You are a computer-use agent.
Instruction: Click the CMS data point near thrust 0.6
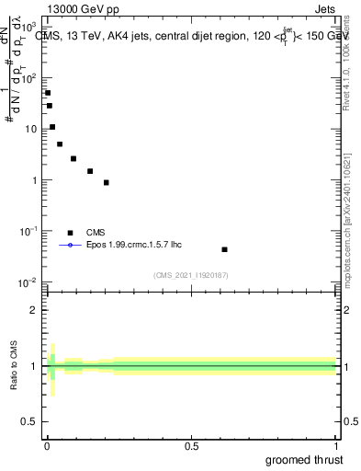pyautogui.click(x=224, y=249)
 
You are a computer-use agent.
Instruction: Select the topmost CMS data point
pyautogui.click(x=48, y=93)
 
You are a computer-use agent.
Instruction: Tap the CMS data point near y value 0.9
pyautogui.click(x=107, y=182)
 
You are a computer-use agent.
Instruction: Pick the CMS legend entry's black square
pyautogui.click(x=70, y=233)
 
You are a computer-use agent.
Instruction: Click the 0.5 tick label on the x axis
pyautogui.click(x=191, y=445)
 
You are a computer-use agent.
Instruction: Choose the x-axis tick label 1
pyautogui.click(x=336, y=445)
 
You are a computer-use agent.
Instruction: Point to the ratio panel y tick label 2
pyautogui.click(x=33, y=310)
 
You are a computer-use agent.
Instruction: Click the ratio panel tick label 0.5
pyautogui.click(x=28, y=422)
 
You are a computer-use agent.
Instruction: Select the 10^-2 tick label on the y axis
pyautogui.click(x=28, y=281)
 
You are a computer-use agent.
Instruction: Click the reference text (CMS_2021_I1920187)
pyautogui.click(x=191, y=275)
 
